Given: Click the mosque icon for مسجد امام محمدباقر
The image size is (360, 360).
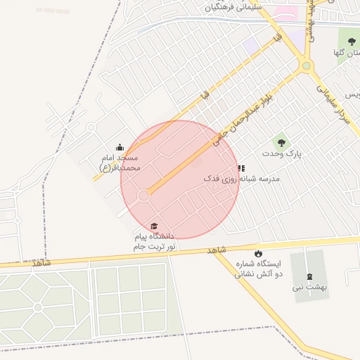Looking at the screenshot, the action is [x=119, y=148].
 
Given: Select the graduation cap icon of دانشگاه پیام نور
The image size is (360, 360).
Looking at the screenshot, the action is [x=155, y=224].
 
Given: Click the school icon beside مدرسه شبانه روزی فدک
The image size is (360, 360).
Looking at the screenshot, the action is [x=241, y=168].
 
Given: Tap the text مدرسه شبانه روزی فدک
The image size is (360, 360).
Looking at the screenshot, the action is [x=241, y=179].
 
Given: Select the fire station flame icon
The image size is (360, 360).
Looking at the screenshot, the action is [x=258, y=253].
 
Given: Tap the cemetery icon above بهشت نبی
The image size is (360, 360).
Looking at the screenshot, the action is [x=309, y=276].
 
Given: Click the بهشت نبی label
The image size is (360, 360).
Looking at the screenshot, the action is [x=310, y=288].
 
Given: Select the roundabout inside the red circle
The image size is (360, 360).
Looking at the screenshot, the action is [x=143, y=195].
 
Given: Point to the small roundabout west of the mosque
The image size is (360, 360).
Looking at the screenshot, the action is [x=91, y=127].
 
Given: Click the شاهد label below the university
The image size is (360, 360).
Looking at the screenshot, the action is [x=217, y=250].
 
